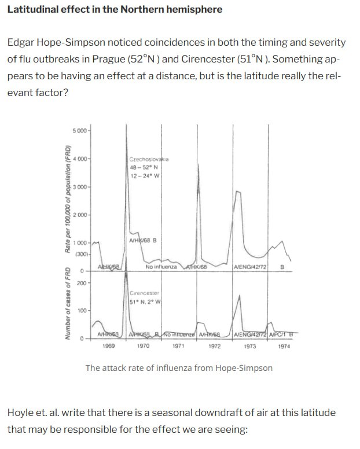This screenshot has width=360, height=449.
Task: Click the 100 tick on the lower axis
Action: click(x=82, y=311)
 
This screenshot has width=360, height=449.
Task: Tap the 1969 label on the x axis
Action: click(x=108, y=345)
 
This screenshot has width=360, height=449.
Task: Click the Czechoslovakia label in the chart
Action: click(x=149, y=158)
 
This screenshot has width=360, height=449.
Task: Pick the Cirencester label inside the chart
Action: click(x=144, y=293)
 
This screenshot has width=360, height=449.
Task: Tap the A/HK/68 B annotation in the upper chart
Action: click(x=145, y=240)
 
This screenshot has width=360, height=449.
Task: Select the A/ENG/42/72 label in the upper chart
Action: click(x=249, y=267)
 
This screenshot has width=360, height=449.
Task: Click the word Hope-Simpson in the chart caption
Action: click(x=244, y=368)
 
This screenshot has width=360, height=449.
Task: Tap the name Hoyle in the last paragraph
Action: click(x=21, y=413)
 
